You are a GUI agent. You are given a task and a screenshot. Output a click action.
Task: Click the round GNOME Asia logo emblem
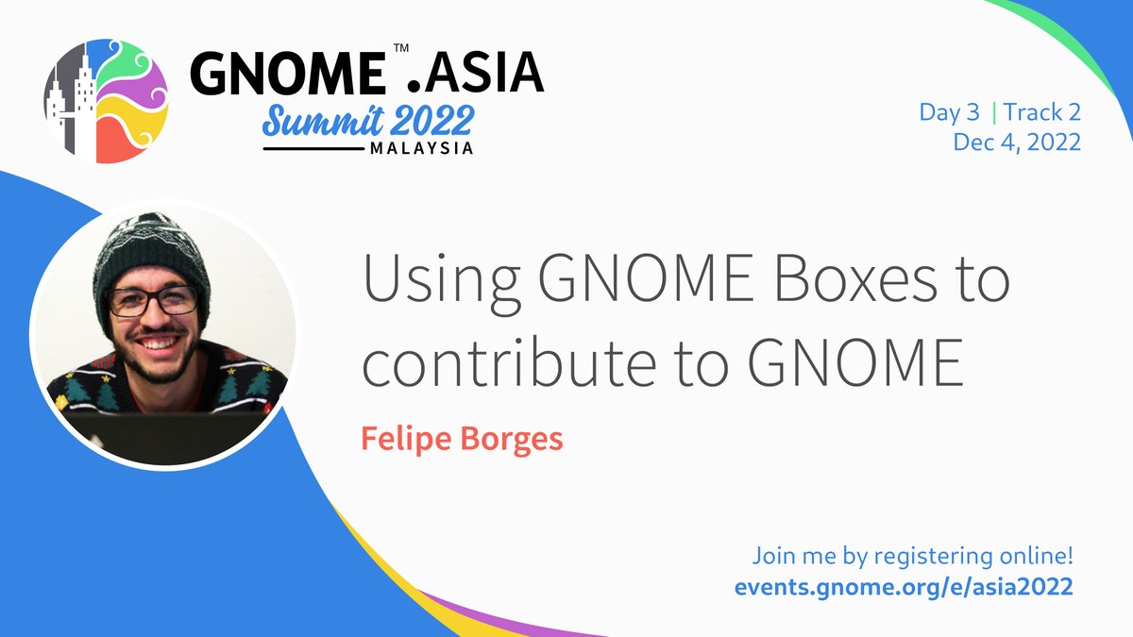click(106, 99)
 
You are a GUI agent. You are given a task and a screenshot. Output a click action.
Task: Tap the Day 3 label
click(949, 113)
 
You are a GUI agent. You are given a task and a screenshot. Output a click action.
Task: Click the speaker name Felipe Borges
click(462, 439)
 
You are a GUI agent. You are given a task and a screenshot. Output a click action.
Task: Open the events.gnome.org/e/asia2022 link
click(904, 586)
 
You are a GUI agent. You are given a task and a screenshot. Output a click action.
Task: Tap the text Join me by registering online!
click(913, 555)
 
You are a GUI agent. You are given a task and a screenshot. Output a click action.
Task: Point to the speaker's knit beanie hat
click(151, 250)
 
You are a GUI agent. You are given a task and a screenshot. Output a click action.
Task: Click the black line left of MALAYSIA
click(312, 148)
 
